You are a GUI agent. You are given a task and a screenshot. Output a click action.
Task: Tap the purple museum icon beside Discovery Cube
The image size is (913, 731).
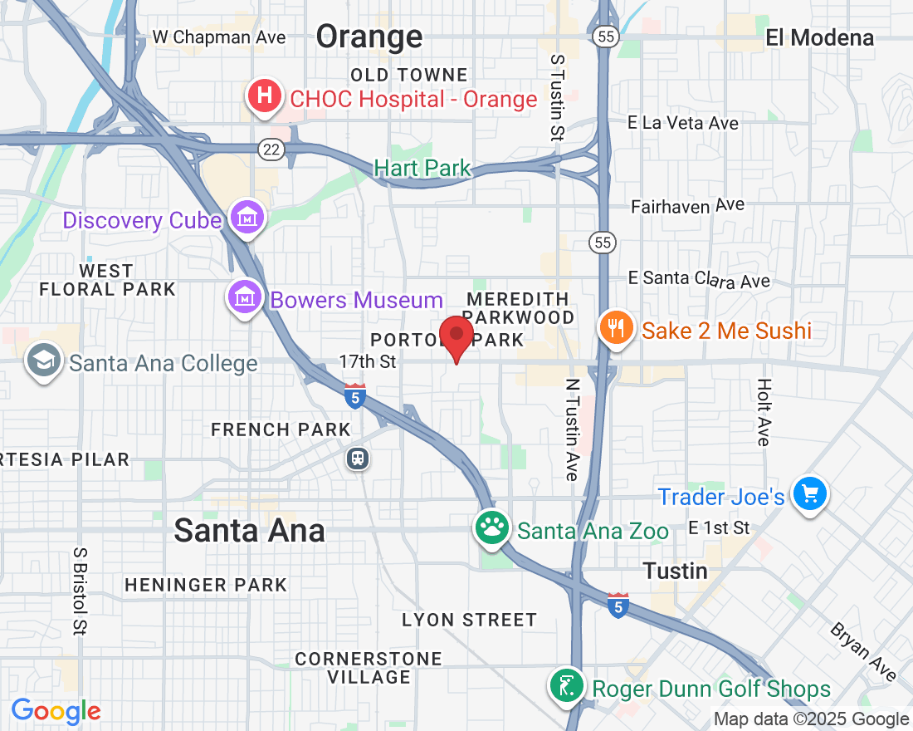click(248, 218)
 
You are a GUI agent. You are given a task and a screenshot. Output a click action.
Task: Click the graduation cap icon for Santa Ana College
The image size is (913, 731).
click(41, 361)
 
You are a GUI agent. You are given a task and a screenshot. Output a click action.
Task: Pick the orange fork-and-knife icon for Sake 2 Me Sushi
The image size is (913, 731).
click(615, 329)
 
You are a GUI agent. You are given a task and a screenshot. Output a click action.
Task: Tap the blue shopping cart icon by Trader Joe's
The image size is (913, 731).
click(809, 495)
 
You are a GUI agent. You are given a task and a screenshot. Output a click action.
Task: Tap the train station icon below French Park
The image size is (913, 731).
click(359, 458)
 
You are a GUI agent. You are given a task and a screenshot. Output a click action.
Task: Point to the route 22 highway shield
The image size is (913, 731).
click(273, 150)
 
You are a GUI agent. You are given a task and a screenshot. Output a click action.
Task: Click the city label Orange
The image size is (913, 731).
click(369, 37)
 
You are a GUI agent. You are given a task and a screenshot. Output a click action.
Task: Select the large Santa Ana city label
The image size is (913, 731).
click(249, 531)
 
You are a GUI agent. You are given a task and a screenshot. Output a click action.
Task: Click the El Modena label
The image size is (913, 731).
click(819, 37)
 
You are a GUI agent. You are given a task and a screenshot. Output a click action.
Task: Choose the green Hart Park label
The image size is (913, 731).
click(422, 169)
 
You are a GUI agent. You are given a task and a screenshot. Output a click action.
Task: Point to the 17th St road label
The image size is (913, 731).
click(368, 362)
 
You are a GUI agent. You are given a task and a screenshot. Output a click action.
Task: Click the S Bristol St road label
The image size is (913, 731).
click(80, 591)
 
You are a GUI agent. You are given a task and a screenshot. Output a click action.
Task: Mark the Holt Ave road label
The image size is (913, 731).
click(764, 412)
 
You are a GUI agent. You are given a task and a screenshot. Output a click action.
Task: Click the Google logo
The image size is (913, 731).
click(56, 711)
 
